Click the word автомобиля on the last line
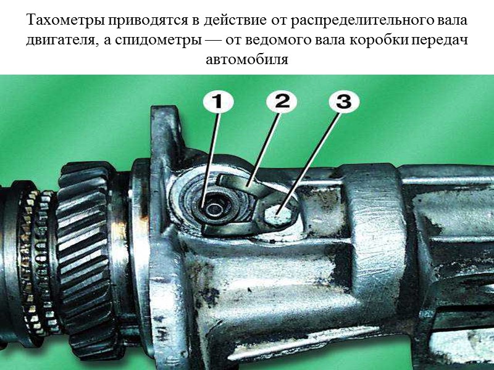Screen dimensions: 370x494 tap(247, 61)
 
